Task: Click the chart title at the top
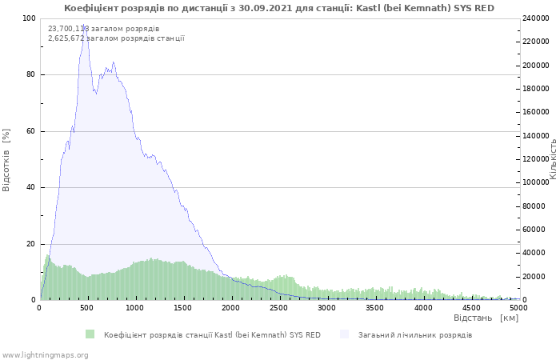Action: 279,8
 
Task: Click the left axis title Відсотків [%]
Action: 6,158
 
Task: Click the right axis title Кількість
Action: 553,158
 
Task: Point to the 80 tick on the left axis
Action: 30,75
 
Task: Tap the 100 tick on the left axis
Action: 28,18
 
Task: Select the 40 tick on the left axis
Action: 30,188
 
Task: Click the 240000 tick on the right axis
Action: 537,18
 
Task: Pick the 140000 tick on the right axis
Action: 537,136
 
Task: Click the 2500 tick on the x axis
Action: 279,307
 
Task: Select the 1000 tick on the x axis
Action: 135,307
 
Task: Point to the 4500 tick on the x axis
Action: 471,307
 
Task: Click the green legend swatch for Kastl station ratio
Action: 90,334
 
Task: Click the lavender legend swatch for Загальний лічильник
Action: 345,334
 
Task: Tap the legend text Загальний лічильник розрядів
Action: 414,334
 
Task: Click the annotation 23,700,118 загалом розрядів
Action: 103,29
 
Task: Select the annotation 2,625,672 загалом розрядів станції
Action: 116,38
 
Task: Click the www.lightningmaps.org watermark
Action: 45,354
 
